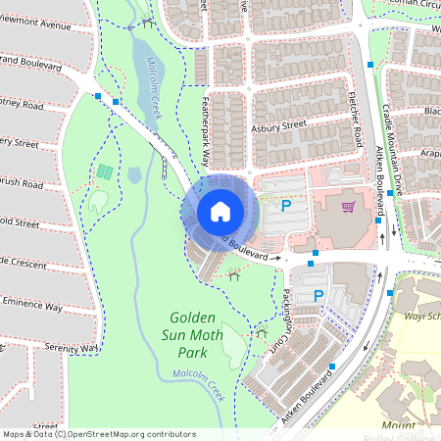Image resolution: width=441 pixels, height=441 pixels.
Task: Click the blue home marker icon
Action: coord(220,211)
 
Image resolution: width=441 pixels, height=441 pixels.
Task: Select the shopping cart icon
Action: coord(347,207)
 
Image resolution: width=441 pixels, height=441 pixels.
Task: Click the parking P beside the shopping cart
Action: coord(286,206)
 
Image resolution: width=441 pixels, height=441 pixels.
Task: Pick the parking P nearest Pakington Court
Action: coord(318,295)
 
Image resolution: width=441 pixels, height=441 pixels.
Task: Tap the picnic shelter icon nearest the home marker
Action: coord(233,275)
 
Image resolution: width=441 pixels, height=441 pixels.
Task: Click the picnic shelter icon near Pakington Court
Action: coord(262,333)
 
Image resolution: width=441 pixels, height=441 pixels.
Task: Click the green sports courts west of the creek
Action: coord(104,172)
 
